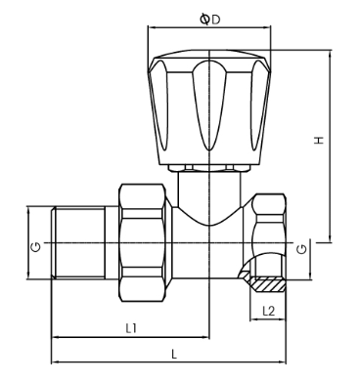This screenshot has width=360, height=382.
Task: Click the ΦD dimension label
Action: coord(209,20)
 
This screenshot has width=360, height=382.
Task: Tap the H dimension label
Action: coord(319,140)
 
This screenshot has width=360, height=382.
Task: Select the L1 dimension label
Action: coord(131,328)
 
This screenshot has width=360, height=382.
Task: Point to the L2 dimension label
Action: coord(268,311)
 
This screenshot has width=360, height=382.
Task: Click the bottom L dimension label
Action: coord(174,354)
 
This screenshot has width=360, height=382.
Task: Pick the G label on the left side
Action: coord(36,247)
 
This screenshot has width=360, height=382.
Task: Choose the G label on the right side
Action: coord(302,249)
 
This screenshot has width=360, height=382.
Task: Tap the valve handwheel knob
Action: coord(209,107)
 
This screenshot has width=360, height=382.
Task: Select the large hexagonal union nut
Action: coord(142,243)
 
